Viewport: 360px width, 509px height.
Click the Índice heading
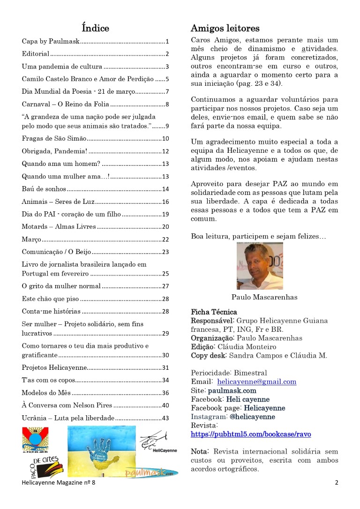tap(95, 28)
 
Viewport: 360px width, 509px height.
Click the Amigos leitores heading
tap(225, 28)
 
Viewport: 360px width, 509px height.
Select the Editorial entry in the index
tap(36, 54)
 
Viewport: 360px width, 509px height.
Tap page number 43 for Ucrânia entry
tap(165, 418)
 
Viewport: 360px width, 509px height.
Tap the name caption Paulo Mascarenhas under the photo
tap(264, 297)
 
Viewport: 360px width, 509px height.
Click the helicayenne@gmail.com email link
tap(256, 382)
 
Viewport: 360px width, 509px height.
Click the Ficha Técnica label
tap(214, 312)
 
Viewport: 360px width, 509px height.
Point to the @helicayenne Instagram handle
tap(252, 417)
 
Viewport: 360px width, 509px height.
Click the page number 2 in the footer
tap(336, 483)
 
